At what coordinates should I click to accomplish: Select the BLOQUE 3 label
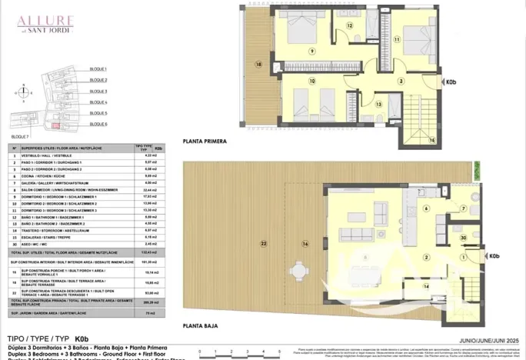(98, 91)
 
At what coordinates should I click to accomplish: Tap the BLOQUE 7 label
(21, 136)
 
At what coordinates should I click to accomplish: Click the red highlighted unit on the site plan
(54, 125)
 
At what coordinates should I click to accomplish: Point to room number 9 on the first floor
(312, 51)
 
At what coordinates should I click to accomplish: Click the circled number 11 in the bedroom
(398, 38)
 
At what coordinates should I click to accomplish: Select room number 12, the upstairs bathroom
(348, 25)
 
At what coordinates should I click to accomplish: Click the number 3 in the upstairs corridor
(401, 81)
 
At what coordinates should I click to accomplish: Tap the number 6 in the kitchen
(425, 208)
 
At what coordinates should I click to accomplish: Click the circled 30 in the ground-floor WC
(464, 238)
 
